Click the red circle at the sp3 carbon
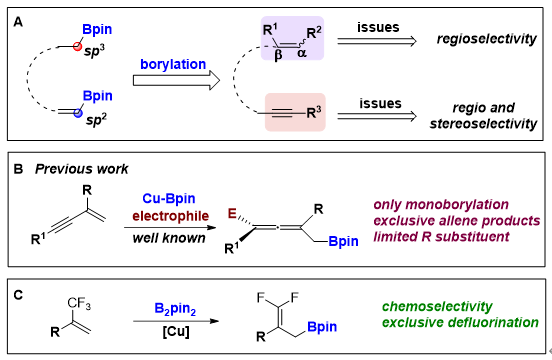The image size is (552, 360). pyautogui.click(x=77, y=46)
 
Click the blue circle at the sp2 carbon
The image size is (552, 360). pyautogui.click(x=78, y=113)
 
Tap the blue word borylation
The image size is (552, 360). pyautogui.click(x=173, y=65)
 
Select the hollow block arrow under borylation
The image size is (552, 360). pyautogui.click(x=176, y=80)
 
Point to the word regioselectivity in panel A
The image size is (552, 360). pyautogui.click(x=487, y=39)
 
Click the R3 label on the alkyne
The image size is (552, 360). pyautogui.click(x=314, y=113)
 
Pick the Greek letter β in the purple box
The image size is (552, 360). pyautogui.click(x=278, y=55)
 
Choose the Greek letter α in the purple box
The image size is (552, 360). pyautogui.click(x=302, y=53)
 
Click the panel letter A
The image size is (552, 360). pyautogui.click(x=18, y=23)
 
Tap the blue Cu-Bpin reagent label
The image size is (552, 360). pyautogui.click(x=169, y=198)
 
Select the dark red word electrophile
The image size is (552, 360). pyautogui.click(x=171, y=216)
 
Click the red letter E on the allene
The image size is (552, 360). pyautogui.click(x=232, y=213)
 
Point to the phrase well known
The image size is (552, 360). pyautogui.click(x=169, y=238)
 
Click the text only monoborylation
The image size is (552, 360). pyautogui.click(x=441, y=204)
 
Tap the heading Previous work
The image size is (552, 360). pyautogui.click(x=82, y=169)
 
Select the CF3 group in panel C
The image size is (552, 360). pyautogui.click(x=79, y=303)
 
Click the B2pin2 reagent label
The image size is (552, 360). pyautogui.click(x=175, y=309)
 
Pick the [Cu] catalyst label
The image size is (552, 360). pyautogui.click(x=176, y=331)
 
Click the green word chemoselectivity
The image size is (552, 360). pyautogui.click(x=437, y=307)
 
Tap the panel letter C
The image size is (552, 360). pyautogui.click(x=18, y=295)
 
